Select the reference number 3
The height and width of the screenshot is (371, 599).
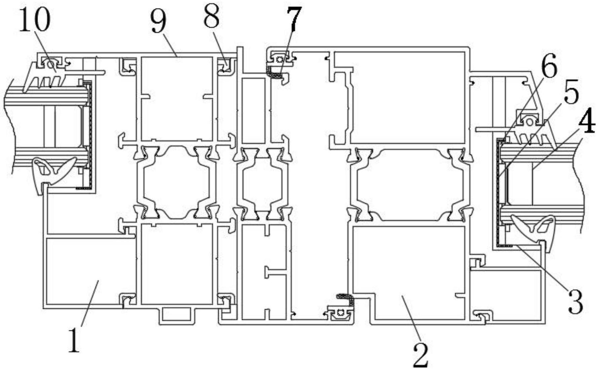pyautogui.click(x=575, y=302)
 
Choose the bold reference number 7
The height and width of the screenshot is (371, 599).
pyautogui.click(x=294, y=18)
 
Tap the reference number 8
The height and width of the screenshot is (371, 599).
pyautogui.click(x=212, y=17)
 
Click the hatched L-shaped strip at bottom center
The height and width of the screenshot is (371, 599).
pyautogui.click(x=346, y=298)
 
